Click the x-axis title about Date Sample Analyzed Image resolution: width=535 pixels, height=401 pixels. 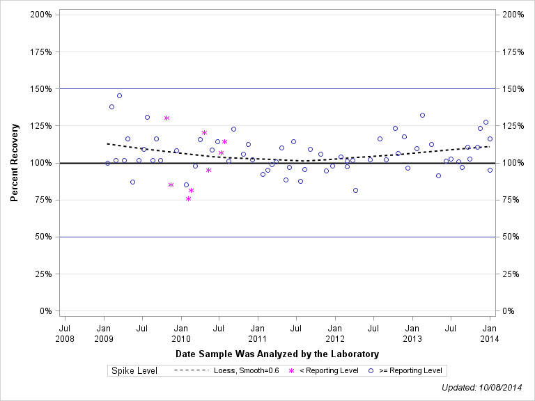pos(277,354)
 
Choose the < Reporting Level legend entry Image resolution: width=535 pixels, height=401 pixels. pos(328,371)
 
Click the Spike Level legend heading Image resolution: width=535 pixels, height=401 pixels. pos(134,371)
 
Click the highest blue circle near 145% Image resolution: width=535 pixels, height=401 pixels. pos(119,95)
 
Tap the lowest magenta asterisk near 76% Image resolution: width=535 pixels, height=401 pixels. pos(188,198)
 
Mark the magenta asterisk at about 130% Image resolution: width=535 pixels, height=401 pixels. pos(166,118)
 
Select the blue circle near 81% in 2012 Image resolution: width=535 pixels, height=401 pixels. pos(355,190)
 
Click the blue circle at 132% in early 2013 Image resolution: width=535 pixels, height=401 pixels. pos(422,115)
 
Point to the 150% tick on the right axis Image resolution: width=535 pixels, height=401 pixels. pos(513,89)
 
